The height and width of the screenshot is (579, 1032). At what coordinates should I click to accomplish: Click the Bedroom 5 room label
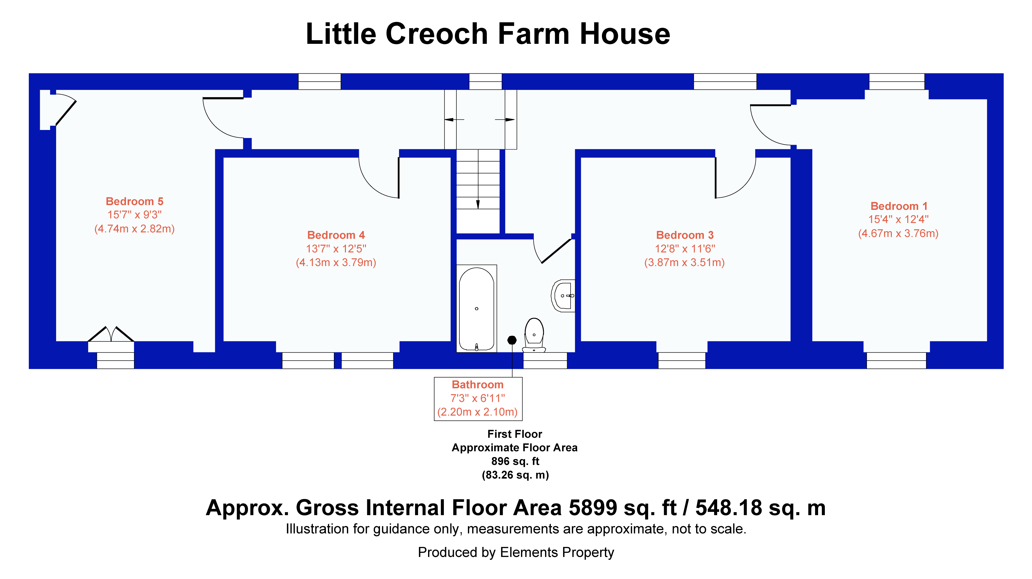134,201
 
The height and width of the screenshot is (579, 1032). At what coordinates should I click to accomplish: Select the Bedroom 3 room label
685,235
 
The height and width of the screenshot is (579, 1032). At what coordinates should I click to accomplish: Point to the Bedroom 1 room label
898,206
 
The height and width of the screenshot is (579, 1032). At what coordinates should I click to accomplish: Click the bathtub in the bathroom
476,308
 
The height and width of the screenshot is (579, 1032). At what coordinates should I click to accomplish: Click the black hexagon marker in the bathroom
512,340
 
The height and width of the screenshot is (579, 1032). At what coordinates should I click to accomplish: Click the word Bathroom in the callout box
477,385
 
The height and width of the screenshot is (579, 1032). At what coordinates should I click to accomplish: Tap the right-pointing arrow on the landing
505,119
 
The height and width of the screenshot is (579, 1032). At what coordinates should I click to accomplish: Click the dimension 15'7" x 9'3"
134,215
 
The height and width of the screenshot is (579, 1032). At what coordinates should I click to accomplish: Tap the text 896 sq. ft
515,461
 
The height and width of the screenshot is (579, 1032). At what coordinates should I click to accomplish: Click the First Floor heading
515,434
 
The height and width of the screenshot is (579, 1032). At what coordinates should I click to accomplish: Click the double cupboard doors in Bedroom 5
111,334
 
